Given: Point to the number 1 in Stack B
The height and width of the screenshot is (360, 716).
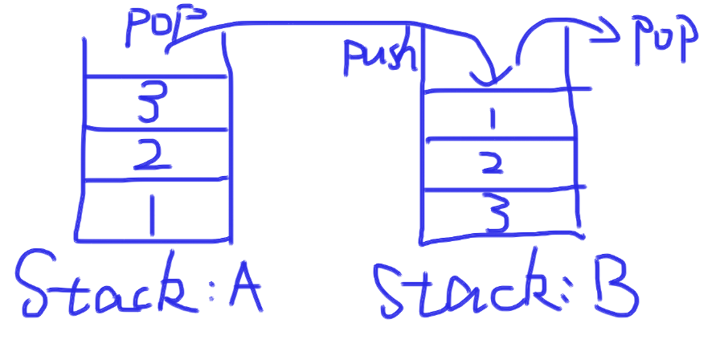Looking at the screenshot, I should pyautogui.click(x=494, y=118).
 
